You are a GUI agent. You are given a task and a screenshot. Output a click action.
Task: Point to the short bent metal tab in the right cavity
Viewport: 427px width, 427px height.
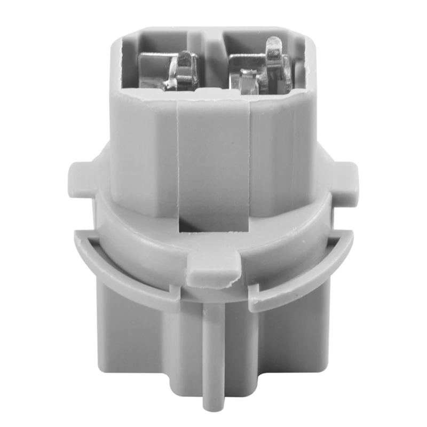click(246, 80)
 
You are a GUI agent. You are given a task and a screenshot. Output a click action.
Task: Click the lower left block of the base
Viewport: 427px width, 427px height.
click(133, 347)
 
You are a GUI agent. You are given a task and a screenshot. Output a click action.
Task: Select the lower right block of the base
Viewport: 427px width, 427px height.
click(294, 347)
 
